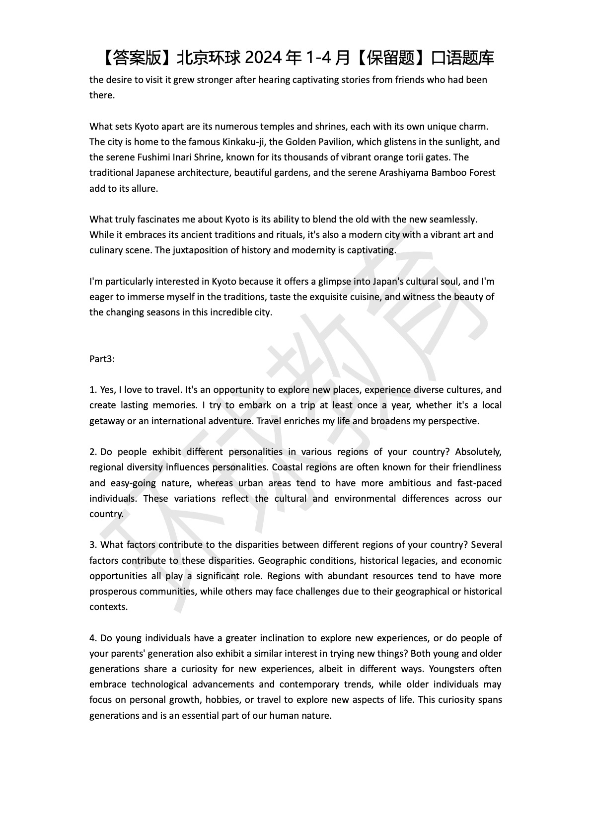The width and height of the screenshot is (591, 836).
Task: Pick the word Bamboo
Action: coord(449,173)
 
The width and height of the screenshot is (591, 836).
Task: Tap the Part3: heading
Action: coord(102,359)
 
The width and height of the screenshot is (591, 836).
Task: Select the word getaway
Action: coord(106,421)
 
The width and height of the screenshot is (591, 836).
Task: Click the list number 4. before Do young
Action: coord(93,638)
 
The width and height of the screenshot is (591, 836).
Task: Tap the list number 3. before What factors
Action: coord(93,545)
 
